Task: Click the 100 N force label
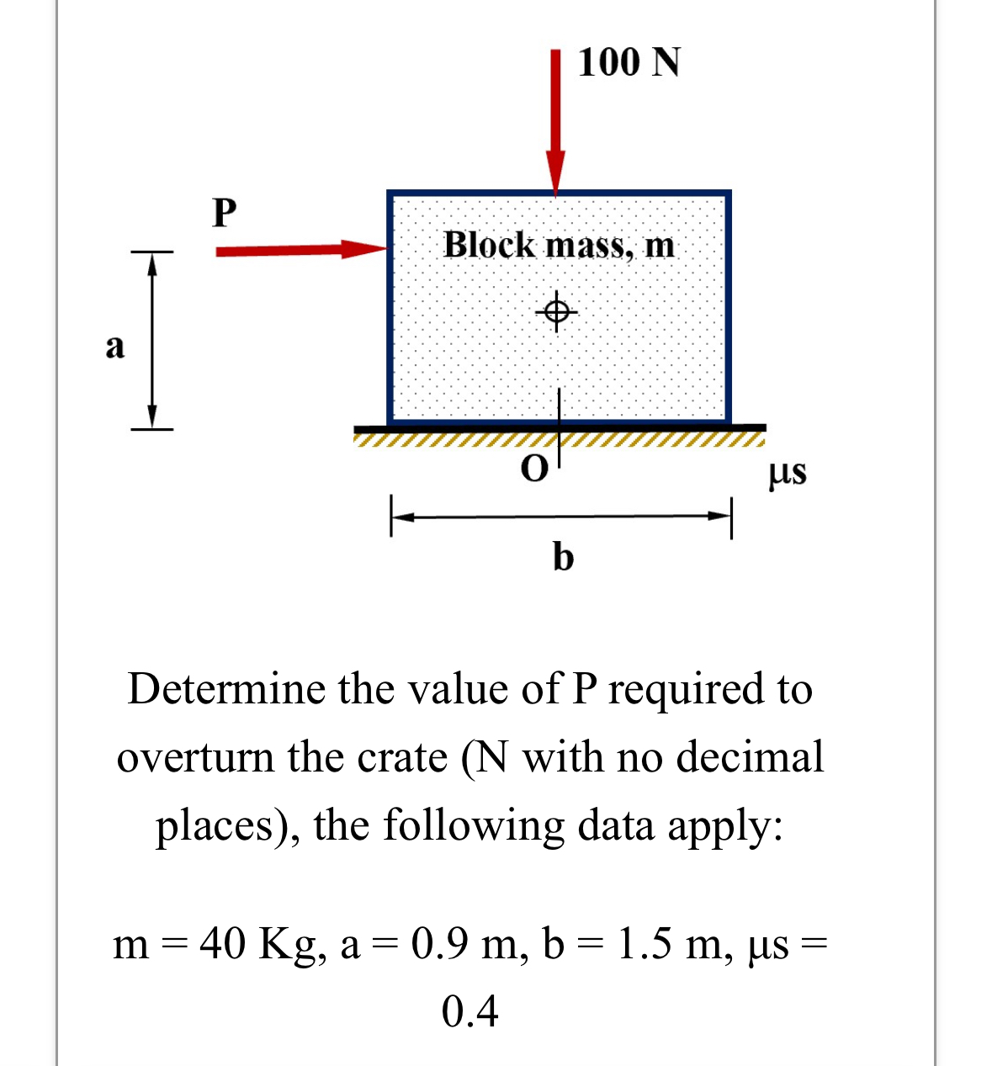(x=629, y=62)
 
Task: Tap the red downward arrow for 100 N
(x=555, y=118)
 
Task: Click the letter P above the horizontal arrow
(x=225, y=212)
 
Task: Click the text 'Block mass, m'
(x=559, y=245)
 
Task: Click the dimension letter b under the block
(x=563, y=556)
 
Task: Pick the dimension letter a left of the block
(x=115, y=345)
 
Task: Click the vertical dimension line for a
(x=152, y=340)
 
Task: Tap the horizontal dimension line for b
(x=561, y=516)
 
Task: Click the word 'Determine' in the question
(x=226, y=689)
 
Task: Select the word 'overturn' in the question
(x=197, y=757)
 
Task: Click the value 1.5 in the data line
(x=645, y=944)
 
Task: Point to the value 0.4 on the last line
(x=469, y=1010)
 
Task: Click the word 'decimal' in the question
(x=750, y=757)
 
